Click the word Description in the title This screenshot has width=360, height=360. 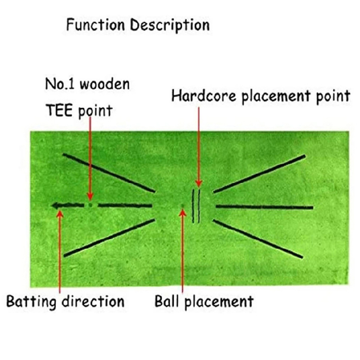click(170, 25)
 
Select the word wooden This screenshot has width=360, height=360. click(104, 84)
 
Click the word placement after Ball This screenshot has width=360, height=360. click(221, 301)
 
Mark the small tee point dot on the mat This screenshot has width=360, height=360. click(90, 205)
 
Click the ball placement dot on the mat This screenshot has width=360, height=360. click(182, 207)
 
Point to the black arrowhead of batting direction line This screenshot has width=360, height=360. click(56, 206)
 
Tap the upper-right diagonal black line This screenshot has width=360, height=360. click(260, 174)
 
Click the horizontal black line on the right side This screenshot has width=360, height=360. click(264, 207)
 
